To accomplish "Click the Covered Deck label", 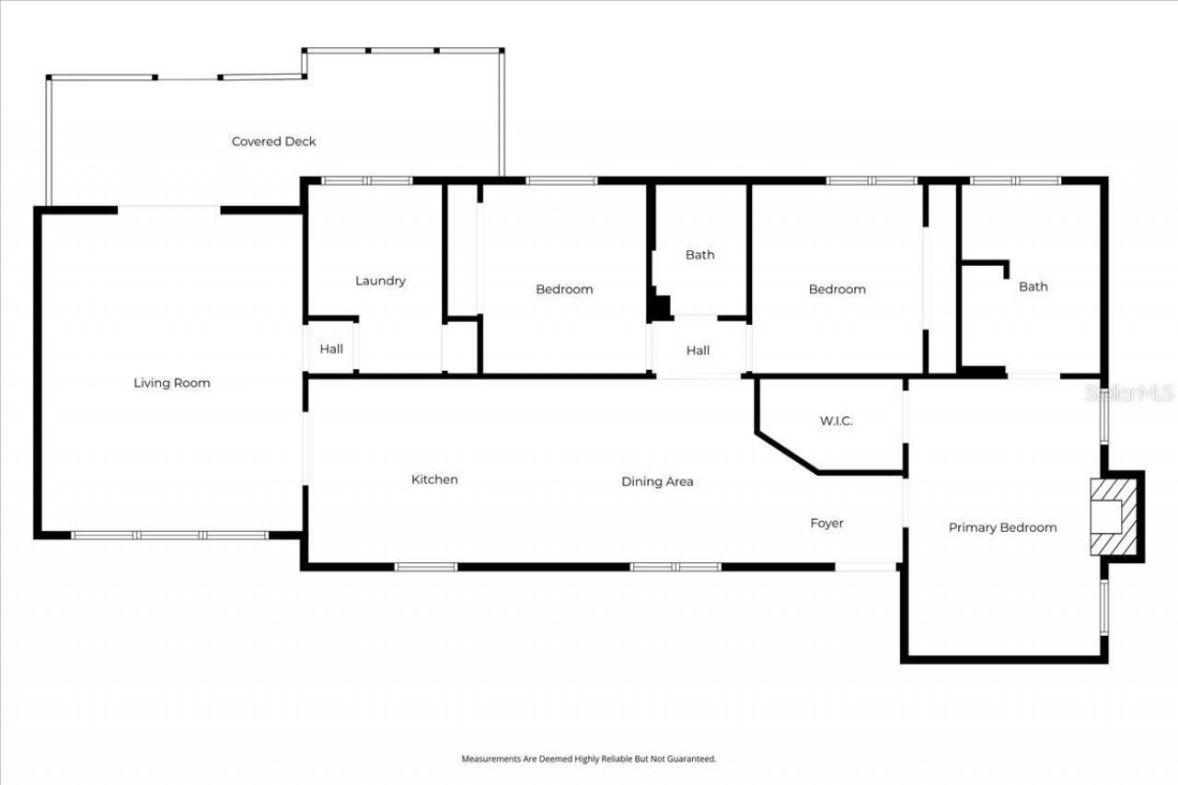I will point(273,142).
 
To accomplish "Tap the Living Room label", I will point(172,383).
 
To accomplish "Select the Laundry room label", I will point(380,281).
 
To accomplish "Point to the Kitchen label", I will point(434,479).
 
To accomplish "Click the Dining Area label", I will point(657,481).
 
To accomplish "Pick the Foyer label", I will point(826,523).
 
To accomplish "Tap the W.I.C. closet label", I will point(836,421).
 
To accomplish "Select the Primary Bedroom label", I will point(1002,527).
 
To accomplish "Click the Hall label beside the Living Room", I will point(331,349).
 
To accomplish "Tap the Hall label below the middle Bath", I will point(698,351).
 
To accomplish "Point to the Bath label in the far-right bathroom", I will point(1033,286).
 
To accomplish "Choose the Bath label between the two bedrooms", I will point(699,255).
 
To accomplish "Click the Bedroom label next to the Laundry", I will point(564,289).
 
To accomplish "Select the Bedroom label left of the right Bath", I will point(837,289).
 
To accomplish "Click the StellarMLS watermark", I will point(1129,393).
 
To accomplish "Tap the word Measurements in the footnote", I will point(489,759).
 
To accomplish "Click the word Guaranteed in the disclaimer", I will point(692,759).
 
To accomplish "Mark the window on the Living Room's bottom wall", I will point(170,535).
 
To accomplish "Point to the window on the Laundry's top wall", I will point(366,181).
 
